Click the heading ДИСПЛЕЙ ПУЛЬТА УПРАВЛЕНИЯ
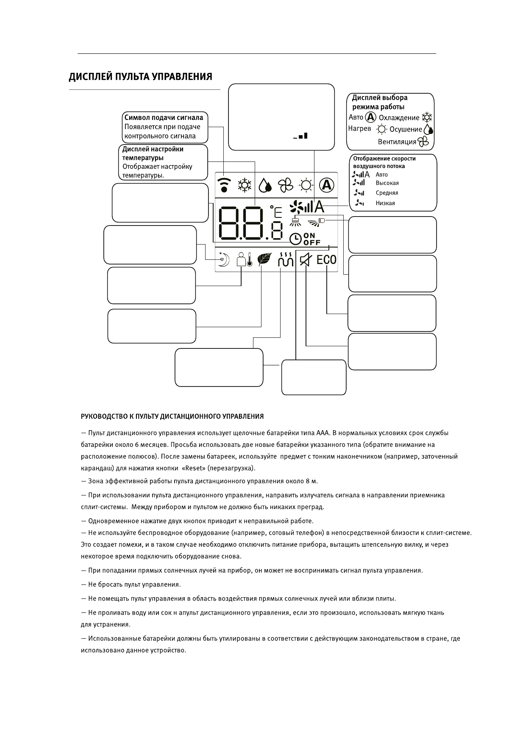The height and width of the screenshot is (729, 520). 140,77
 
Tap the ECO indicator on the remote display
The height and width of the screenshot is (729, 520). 327,259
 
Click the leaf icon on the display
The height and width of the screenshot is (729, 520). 264,259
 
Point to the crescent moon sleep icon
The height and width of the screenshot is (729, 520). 223,259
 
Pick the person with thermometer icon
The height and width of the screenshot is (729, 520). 244,259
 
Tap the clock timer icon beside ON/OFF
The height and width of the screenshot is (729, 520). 295,239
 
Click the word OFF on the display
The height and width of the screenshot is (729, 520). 312,243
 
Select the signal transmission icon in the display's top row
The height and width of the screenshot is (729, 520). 224,185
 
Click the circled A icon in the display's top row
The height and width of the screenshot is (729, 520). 326,185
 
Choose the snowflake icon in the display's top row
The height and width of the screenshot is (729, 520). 245,185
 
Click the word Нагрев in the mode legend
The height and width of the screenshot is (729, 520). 359,128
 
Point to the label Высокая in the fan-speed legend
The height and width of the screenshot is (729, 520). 387,183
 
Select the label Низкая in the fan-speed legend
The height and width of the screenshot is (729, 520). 385,203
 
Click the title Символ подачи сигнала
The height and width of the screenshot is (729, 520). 164,118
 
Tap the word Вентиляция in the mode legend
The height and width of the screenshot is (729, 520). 397,142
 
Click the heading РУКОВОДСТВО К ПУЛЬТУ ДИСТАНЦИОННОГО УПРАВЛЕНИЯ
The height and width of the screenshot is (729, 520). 172,416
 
